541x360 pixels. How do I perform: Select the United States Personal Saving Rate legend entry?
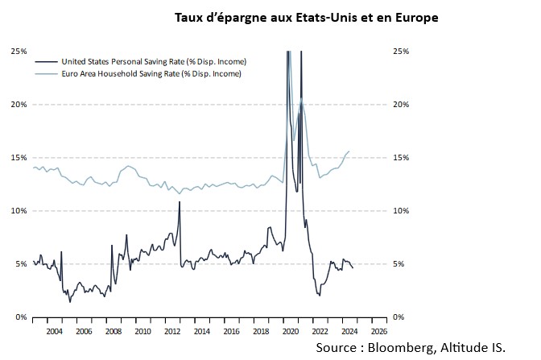pyautogui.click(x=153, y=61)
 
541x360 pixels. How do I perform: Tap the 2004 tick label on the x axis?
pyautogui.click(x=54, y=330)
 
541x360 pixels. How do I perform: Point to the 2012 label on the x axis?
pyautogui.click(x=172, y=330)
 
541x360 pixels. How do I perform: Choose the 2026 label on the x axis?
pyautogui.click(x=378, y=330)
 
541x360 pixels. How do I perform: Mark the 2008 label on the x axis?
pyautogui.click(x=114, y=330)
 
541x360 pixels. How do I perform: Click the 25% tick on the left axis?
pyautogui.click(x=19, y=51)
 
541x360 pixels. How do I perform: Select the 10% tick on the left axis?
pyautogui.click(x=19, y=211)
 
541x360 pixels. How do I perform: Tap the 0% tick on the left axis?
pyautogui.click(x=22, y=317)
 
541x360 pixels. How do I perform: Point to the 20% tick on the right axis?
pyautogui.click(x=401, y=105)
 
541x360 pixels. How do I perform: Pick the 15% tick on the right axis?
pyautogui.click(x=401, y=158)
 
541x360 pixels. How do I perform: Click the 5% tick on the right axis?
pyautogui.click(x=399, y=264)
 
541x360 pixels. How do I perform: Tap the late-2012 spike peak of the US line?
pyautogui.click(x=179, y=202)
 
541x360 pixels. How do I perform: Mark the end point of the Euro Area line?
pyautogui.click(x=349, y=151)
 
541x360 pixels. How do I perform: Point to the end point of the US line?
pyautogui.click(x=353, y=268)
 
